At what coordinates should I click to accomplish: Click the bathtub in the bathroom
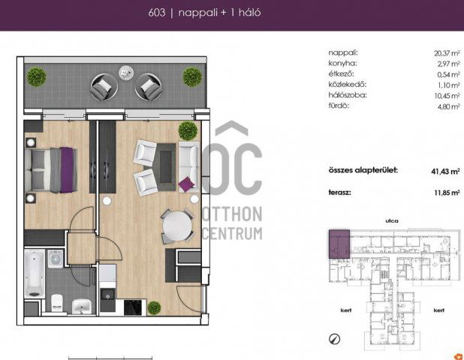(35, 274)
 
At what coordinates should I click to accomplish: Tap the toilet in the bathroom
(57, 303)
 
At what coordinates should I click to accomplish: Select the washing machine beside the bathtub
(56, 259)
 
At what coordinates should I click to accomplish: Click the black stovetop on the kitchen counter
(133, 307)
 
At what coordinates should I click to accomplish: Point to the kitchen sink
(107, 295)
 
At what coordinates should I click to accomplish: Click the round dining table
(177, 226)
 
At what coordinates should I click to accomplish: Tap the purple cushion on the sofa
(187, 184)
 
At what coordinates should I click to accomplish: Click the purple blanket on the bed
(67, 170)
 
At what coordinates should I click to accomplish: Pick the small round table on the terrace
(126, 73)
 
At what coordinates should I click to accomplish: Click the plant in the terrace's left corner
(37, 76)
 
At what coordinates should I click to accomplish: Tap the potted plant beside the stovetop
(154, 307)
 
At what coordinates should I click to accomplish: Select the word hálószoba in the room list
(348, 95)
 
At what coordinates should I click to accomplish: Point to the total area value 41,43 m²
(445, 172)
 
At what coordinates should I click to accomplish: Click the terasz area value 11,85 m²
(447, 193)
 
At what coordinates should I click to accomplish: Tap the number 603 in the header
(156, 13)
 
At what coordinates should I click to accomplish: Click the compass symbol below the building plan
(334, 339)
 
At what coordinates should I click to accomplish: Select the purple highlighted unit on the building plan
(339, 244)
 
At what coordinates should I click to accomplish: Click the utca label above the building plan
(392, 220)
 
